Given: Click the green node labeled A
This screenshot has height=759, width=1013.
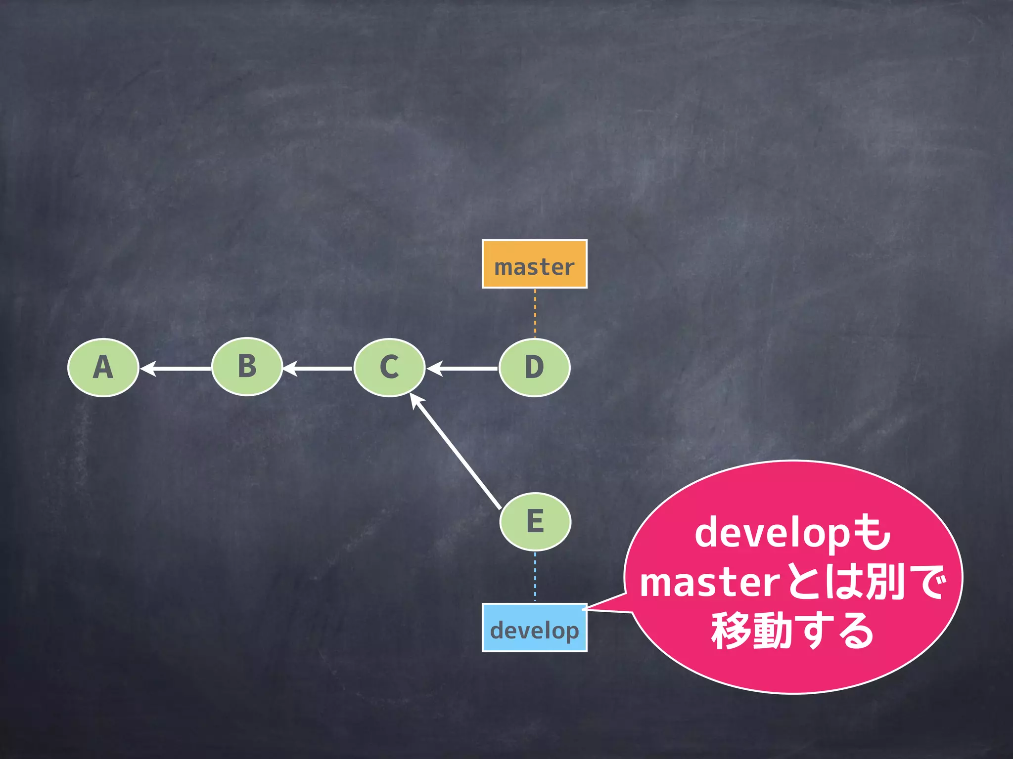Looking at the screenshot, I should pyautogui.click(x=103, y=368).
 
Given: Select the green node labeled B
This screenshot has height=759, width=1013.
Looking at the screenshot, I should pyautogui.click(x=247, y=367).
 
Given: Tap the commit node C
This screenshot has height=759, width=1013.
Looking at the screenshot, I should pyautogui.click(x=389, y=368).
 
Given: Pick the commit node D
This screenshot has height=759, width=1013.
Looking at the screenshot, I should pyautogui.click(x=534, y=368).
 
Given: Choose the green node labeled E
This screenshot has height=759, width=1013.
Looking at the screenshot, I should pyautogui.click(x=535, y=521).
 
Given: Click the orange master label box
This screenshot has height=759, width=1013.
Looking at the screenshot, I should pyautogui.click(x=534, y=264).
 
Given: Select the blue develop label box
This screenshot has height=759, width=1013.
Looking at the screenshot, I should pyautogui.click(x=534, y=628).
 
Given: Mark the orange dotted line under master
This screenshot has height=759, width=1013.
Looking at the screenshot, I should pyautogui.click(x=535, y=313).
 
